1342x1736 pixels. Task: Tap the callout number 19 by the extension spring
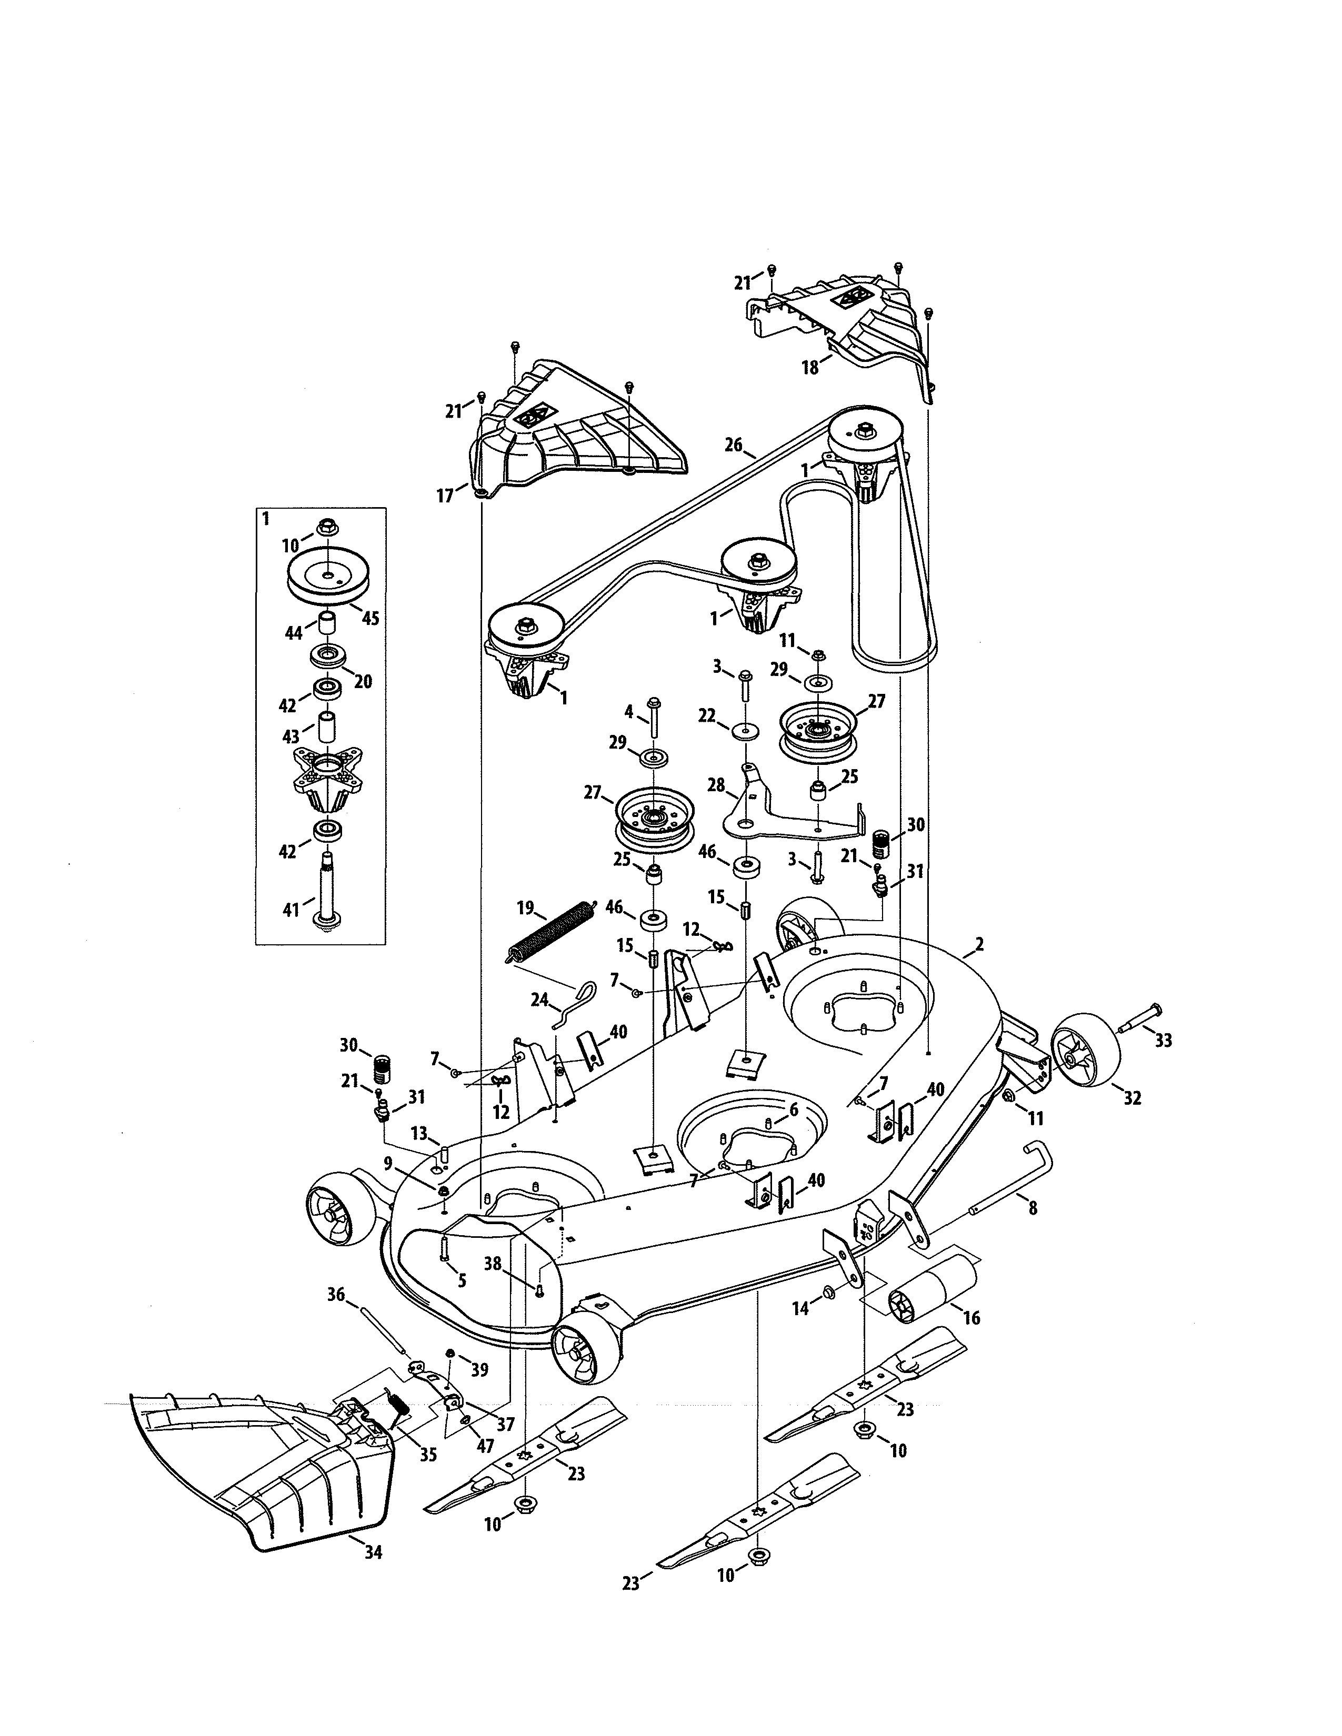point(525,906)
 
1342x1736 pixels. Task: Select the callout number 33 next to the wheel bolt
point(1163,1041)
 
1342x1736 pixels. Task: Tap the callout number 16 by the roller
point(971,1318)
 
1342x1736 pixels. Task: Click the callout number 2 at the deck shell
point(979,944)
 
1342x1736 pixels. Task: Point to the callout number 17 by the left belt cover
point(444,496)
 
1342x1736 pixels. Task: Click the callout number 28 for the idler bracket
point(716,785)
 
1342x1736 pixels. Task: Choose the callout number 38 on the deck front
point(493,1262)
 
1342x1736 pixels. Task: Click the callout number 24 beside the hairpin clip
point(540,999)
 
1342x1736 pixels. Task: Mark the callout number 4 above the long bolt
point(628,711)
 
